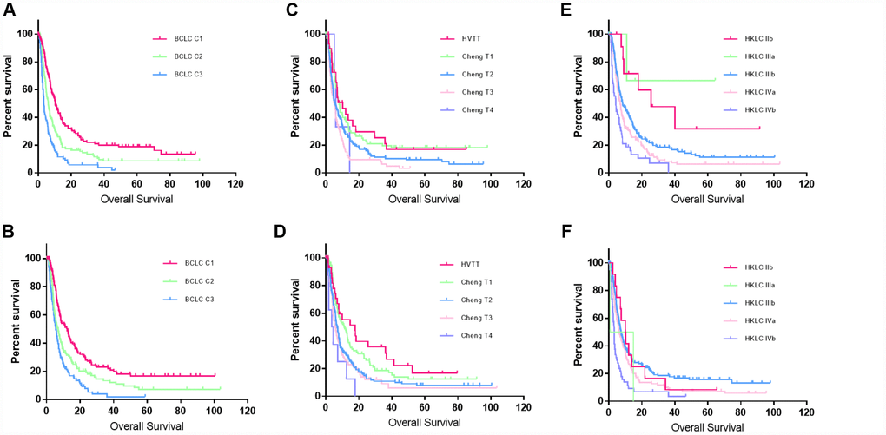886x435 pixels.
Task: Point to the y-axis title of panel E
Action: point(577,100)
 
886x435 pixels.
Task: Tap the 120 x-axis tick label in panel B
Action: point(247,412)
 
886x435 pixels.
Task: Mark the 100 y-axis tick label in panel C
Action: point(308,34)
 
